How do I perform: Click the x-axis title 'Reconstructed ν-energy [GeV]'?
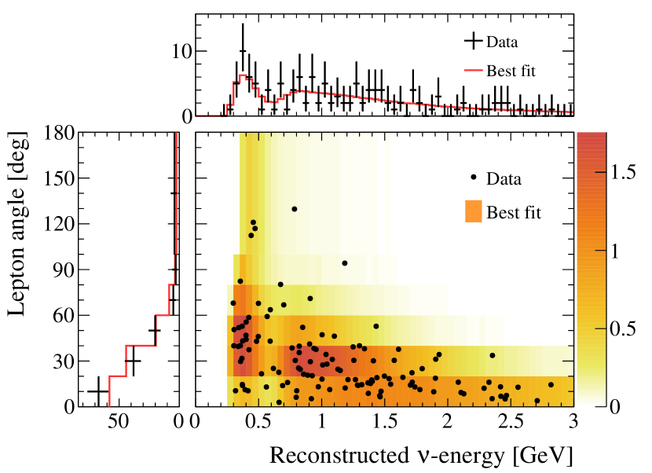[x=420, y=455]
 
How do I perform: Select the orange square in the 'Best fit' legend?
[x=472, y=211]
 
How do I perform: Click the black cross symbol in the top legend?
[x=472, y=40]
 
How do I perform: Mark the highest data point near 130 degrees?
[x=295, y=209]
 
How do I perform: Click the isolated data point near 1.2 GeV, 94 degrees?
[x=344, y=263]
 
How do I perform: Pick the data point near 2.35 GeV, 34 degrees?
[x=493, y=355]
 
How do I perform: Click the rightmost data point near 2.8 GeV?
[x=551, y=385]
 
